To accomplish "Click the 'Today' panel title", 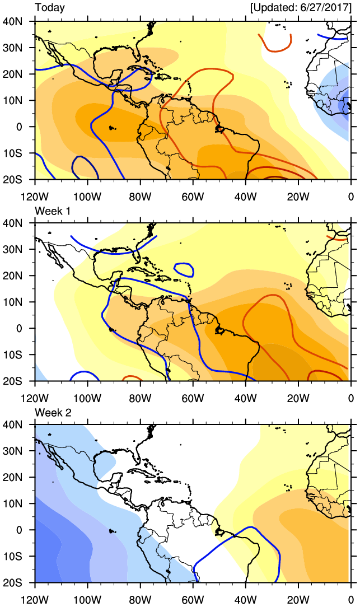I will pyautogui.click(x=50, y=8).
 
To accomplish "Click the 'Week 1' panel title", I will pyautogui.click(x=52, y=210).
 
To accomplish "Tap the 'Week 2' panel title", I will pyautogui.click(x=52, y=412).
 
